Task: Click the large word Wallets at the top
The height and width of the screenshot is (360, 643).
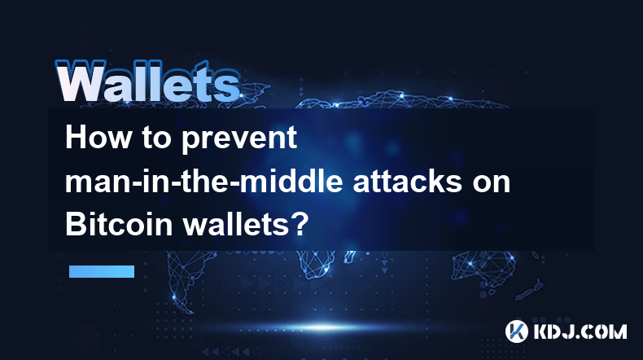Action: pos(147,81)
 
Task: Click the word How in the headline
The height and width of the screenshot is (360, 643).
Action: pos(98,138)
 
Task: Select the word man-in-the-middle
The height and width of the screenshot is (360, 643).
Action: pos(203,181)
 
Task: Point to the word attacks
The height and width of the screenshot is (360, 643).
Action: pos(408,182)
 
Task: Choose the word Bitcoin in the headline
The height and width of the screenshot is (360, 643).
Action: pos(119,225)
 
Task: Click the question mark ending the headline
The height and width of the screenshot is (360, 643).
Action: pos(300,225)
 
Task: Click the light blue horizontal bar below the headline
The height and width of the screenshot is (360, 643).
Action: pos(102,271)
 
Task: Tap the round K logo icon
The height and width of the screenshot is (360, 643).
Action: pos(517,331)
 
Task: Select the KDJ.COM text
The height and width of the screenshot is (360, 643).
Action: pos(580,331)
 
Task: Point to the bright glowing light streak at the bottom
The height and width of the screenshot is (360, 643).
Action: pos(324,327)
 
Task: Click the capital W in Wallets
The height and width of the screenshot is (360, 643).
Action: pos(81,81)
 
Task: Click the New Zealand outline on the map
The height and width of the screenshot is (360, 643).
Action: pos(530,289)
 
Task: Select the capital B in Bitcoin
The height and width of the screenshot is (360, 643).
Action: pos(75,225)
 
